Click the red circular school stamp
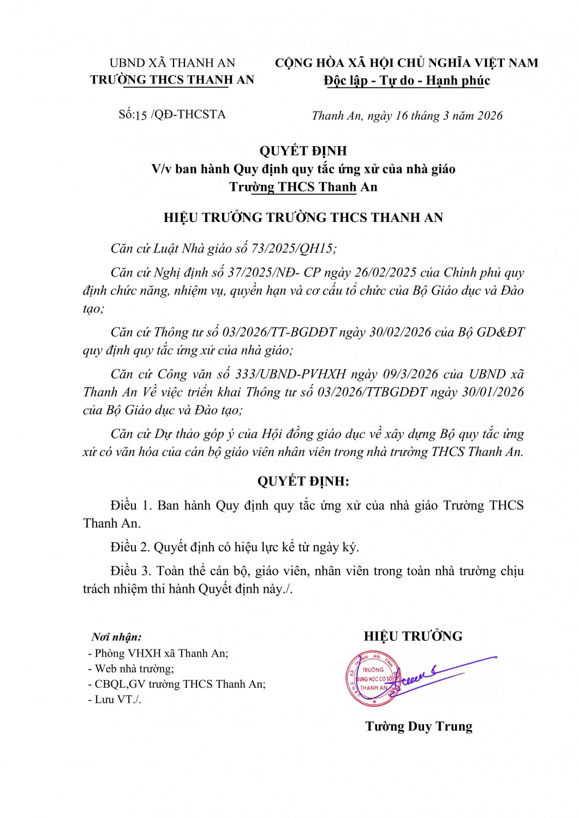click(x=372, y=678)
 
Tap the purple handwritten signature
click(x=437, y=673)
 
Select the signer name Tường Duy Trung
click(x=419, y=726)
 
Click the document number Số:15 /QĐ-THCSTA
click(x=172, y=115)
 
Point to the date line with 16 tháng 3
click(x=407, y=116)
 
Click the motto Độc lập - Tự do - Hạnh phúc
click(x=407, y=81)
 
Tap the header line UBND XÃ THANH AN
click(x=172, y=63)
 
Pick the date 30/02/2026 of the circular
click(x=400, y=332)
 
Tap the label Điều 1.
click(x=131, y=506)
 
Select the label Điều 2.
click(x=130, y=547)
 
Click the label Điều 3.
click(x=130, y=571)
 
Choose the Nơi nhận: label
click(x=116, y=636)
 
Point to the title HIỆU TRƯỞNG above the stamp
click(x=413, y=636)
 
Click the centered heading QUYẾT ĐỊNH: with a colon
click(x=303, y=482)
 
